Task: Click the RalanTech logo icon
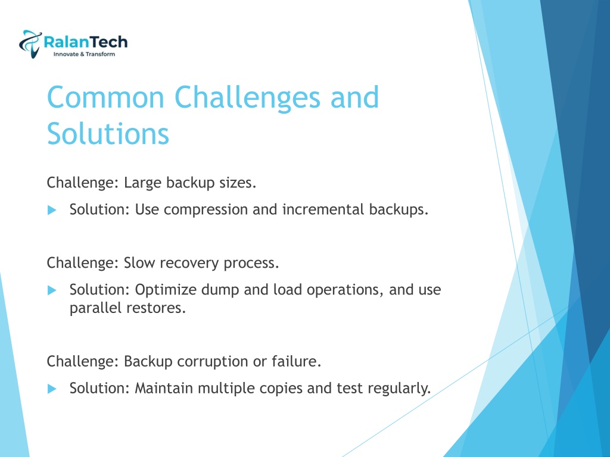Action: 30,43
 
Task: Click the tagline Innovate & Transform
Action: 84,54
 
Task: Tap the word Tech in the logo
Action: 110,42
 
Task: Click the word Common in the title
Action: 105,97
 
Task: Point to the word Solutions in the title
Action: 108,134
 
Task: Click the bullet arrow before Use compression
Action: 52,210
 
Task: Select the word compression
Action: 206,210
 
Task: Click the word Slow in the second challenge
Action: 139,263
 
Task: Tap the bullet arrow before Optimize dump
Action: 52,290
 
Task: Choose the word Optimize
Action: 166,290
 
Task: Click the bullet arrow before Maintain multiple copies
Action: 52,389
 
